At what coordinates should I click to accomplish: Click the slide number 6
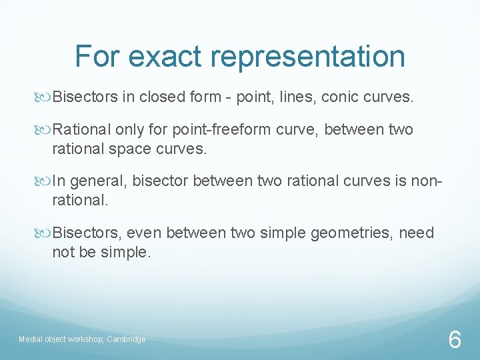(x=454, y=340)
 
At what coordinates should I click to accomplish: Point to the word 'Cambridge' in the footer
(x=126, y=339)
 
